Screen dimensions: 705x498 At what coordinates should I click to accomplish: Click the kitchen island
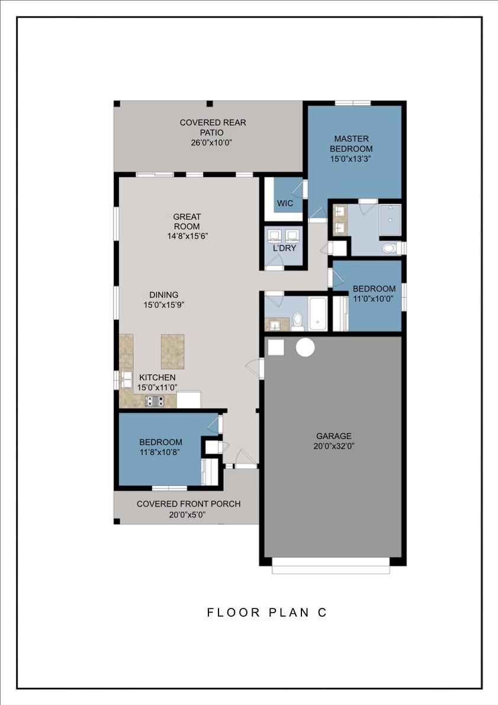172,351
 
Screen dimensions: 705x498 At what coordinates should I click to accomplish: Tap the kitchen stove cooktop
155,401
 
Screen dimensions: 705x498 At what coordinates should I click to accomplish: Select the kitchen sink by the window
126,379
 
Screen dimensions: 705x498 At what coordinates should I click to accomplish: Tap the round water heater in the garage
305,348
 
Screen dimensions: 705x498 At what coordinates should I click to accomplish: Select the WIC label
285,203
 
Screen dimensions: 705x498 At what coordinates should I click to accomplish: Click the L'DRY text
284,248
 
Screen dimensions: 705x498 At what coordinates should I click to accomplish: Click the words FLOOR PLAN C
266,613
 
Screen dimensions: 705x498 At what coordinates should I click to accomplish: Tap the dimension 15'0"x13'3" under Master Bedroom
351,159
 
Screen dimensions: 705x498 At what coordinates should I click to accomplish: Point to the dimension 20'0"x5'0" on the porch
188,514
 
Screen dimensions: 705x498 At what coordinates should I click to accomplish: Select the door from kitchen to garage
254,368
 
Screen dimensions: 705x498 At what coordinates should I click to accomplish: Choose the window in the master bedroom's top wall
353,103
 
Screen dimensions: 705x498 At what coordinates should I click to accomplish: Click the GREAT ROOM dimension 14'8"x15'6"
187,235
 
